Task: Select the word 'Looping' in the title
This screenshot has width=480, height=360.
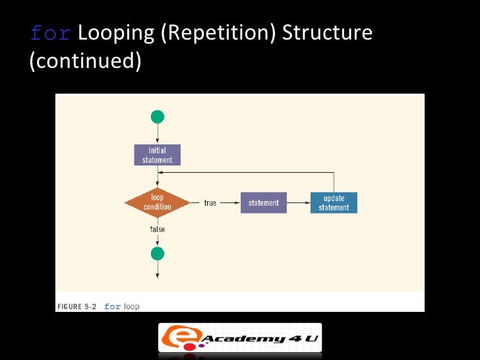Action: coord(117,33)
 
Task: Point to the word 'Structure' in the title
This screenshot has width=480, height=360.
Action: coord(327,33)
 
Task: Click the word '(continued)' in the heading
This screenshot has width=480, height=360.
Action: coord(85,61)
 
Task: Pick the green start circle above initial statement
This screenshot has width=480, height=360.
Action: coord(157,117)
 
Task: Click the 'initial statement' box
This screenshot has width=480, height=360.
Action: coord(157,155)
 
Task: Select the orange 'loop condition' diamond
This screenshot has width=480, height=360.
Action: coord(157,202)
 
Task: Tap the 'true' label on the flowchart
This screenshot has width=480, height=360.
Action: coord(210,203)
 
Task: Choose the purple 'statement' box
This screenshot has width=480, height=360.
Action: coord(263,203)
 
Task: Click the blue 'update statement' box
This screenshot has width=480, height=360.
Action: coord(334,203)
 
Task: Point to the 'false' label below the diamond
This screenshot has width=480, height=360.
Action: coord(157,229)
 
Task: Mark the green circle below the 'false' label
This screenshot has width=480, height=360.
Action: coord(157,253)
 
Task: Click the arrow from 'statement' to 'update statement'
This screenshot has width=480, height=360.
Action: coord(298,203)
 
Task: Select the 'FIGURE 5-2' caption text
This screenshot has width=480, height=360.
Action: coord(76,307)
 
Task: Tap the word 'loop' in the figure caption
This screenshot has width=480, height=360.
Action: coord(131,307)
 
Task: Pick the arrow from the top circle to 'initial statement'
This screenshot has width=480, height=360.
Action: coord(157,135)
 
